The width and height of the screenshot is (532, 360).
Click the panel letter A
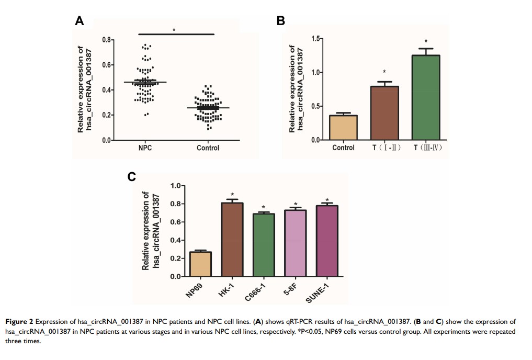coord(80,21)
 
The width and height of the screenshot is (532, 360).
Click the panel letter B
coord(280,21)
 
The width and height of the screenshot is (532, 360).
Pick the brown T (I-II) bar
coord(384,113)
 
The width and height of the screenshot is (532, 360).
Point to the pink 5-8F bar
coord(296,243)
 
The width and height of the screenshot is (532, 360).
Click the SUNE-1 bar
coord(327,241)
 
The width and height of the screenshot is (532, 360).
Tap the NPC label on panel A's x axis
coord(145,148)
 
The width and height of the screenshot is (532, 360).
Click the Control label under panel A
coord(208,148)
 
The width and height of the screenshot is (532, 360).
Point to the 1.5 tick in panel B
coord(315,39)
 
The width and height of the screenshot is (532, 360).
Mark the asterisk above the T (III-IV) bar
coord(426,42)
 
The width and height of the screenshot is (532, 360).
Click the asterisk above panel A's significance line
coord(174,30)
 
